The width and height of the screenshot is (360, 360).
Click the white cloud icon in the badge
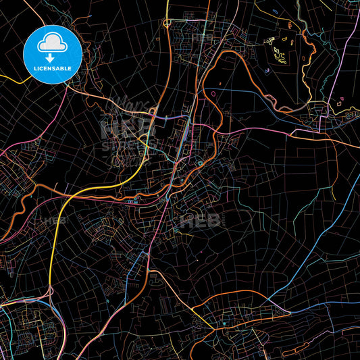(x=52, y=43)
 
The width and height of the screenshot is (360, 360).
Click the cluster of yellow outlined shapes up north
(x=277, y=51)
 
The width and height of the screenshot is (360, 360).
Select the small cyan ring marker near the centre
(x=201, y=163)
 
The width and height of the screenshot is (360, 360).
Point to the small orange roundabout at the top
(x=166, y=22)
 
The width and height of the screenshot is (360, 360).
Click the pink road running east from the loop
(x=284, y=128)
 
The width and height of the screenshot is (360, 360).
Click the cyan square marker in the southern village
(x=224, y=324)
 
